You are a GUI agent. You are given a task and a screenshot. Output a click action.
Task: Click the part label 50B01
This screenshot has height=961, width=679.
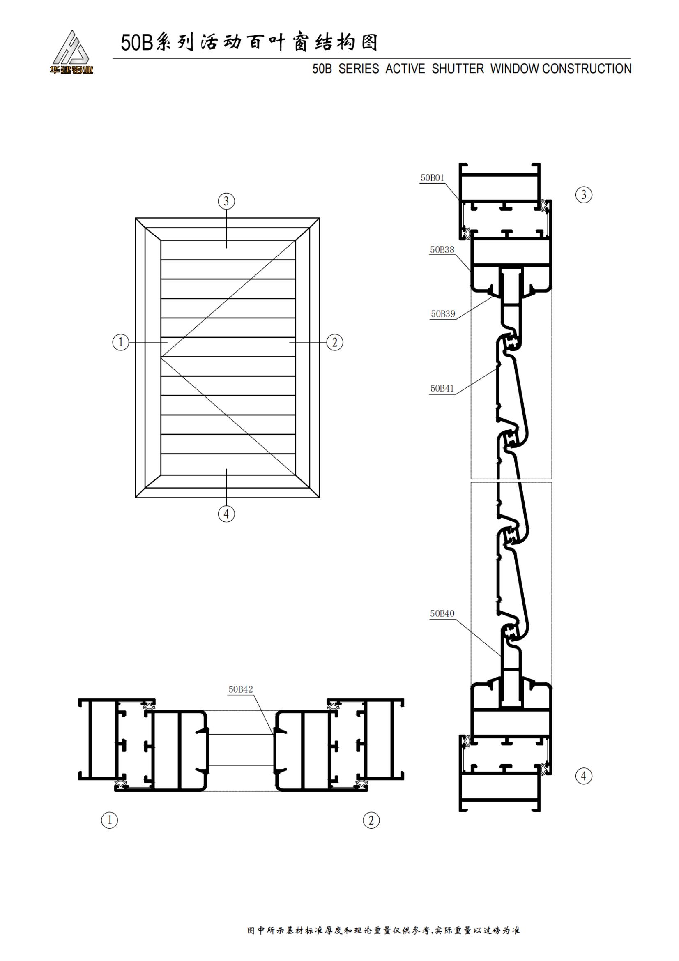pos(432,178)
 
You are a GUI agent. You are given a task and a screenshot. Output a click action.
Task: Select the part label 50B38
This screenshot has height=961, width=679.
pos(442,250)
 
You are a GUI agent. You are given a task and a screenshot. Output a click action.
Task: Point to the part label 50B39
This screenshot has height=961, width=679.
pos(443,314)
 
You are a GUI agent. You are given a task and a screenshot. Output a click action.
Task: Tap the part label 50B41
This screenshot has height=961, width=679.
pos(442,388)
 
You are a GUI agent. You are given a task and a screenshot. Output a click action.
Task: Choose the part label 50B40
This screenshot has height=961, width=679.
pos(442,613)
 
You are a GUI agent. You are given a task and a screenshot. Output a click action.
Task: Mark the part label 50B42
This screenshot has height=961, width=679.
pos(241,689)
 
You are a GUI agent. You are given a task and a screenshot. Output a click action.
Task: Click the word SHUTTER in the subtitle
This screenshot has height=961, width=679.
pos(458,69)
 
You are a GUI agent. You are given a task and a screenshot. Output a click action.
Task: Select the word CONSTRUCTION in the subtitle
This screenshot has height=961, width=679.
pos(587,69)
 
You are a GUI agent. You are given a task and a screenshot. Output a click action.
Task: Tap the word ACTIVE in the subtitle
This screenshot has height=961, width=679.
pos(405,69)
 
